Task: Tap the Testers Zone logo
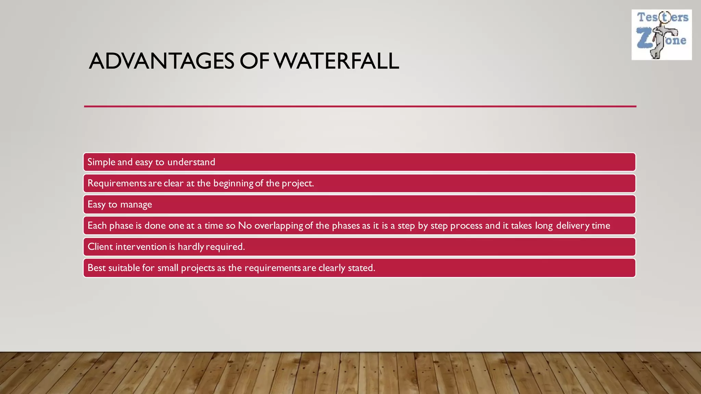tap(661, 35)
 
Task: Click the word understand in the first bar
tap(191, 162)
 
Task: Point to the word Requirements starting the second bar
tap(117, 183)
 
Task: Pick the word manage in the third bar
tap(136, 205)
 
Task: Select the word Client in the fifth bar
tap(100, 247)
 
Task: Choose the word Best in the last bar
tap(97, 268)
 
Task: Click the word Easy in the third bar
tap(97, 205)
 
